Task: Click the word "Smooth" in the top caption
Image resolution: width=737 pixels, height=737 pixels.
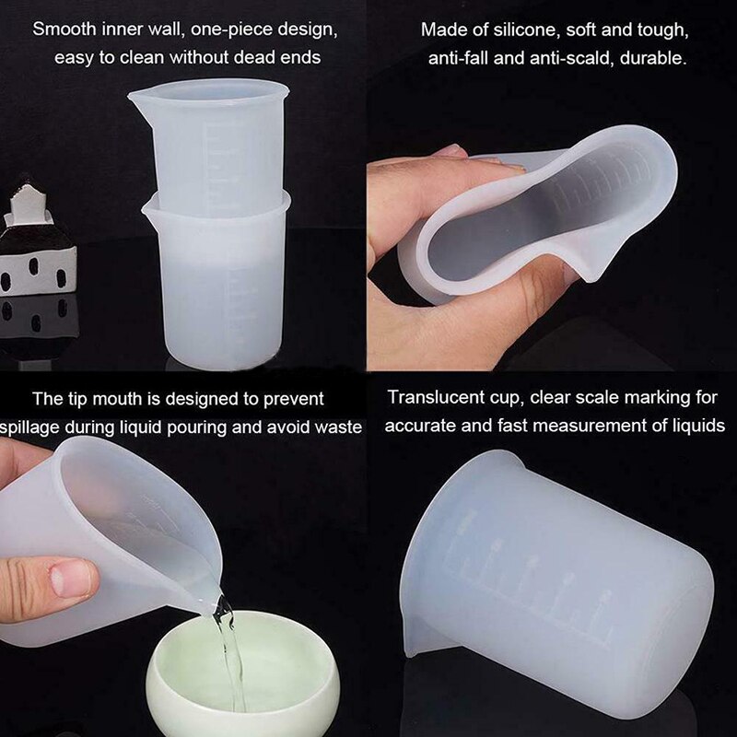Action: coord(64,29)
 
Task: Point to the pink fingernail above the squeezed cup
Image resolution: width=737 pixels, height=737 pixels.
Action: coord(450,151)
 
